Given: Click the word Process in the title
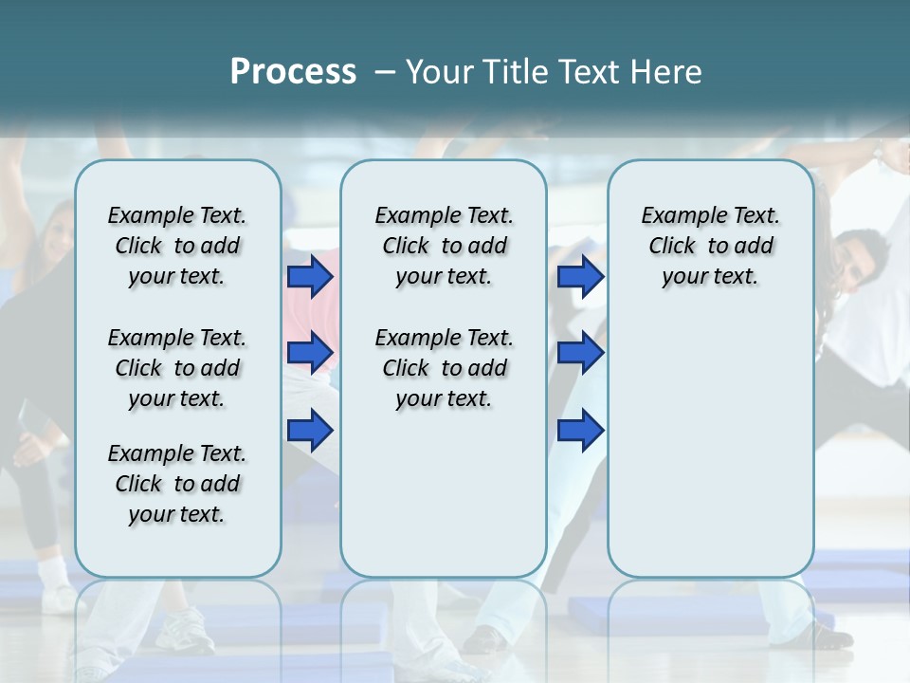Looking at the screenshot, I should coord(293,71).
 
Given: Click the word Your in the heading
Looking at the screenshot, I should coord(437,72).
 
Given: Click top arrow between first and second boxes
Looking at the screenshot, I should coord(310,277).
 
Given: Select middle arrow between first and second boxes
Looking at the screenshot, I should coord(310,354).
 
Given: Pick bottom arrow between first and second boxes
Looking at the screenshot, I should coord(310,431).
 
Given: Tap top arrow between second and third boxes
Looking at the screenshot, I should coord(580,277).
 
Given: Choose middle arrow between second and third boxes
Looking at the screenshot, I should coord(580,354).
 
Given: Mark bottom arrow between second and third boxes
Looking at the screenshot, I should coord(580,431).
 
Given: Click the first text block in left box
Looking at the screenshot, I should coord(177,246).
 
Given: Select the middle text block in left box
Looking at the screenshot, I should coord(177,368).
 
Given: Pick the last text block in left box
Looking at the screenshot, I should coord(177,484).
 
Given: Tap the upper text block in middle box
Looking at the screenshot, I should coord(444,246).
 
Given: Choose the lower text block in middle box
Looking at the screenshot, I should coord(444,368).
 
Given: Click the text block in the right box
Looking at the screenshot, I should coord(710,246).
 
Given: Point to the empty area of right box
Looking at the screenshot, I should coord(710,436).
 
